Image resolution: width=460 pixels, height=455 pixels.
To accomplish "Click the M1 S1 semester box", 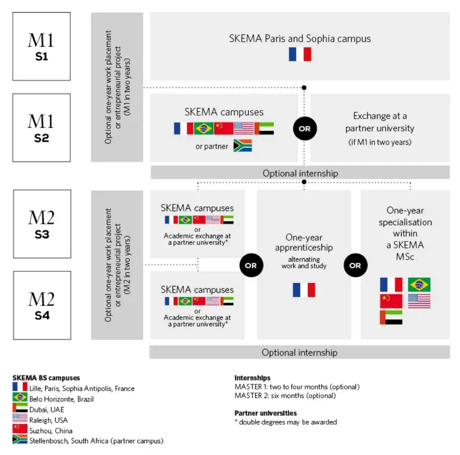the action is point(41,46).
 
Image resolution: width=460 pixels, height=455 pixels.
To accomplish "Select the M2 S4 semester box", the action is point(42,305).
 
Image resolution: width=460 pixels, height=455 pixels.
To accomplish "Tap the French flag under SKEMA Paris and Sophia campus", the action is point(300,54).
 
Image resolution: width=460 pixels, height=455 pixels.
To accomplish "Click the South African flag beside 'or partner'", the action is point(243,145).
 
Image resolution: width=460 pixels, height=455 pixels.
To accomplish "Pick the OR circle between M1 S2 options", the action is point(305,129).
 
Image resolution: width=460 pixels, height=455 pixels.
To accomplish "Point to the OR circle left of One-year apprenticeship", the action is point(251,265).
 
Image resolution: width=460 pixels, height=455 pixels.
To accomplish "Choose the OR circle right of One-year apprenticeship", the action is point(355,265).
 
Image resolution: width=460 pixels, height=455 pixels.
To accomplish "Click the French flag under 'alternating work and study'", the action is point(304,290).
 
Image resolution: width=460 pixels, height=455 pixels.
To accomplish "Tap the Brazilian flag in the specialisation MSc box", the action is point(419,285).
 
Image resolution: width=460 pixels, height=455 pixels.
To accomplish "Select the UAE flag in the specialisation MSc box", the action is point(391,318).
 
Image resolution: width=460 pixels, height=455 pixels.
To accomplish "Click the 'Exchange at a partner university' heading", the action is point(380,122).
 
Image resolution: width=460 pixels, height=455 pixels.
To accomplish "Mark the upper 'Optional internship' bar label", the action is point(301,173).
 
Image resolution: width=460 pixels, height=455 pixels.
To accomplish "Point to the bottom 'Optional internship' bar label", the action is point(300,353).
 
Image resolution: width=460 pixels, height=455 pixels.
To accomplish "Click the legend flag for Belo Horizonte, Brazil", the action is point(20,397).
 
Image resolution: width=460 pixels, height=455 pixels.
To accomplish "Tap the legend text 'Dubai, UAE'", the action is point(47,410).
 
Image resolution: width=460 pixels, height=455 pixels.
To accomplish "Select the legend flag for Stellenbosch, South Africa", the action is point(20,440).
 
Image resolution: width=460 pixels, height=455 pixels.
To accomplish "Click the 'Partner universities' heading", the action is point(265,413).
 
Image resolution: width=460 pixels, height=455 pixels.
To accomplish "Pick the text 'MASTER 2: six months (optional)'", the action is point(285,396).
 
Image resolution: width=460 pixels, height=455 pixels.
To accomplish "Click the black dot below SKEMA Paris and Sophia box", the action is point(304,87).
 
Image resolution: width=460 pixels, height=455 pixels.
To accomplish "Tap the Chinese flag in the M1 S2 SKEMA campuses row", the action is point(224,128).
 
